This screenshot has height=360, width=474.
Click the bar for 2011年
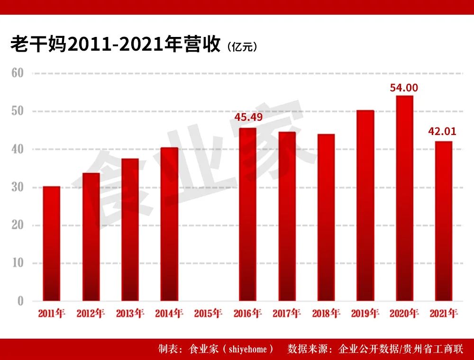[x=52, y=243]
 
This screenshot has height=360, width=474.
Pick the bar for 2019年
[x=365, y=206]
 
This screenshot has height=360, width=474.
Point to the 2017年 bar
[x=287, y=216]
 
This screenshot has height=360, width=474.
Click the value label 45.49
[x=248, y=117]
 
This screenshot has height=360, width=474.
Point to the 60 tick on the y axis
[x=18, y=73]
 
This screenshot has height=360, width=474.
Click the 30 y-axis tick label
[x=18, y=188]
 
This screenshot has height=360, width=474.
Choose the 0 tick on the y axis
[x=20, y=301]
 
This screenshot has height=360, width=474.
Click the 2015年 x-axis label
[x=208, y=313]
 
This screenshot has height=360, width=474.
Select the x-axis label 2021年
[x=443, y=313]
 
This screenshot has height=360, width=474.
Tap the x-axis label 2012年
[x=91, y=313]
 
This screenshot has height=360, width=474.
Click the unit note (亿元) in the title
[x=242, y=46]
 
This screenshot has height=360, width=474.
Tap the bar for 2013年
[x=130, y=230]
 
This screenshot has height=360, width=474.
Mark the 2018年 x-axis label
[x=326, y=313]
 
